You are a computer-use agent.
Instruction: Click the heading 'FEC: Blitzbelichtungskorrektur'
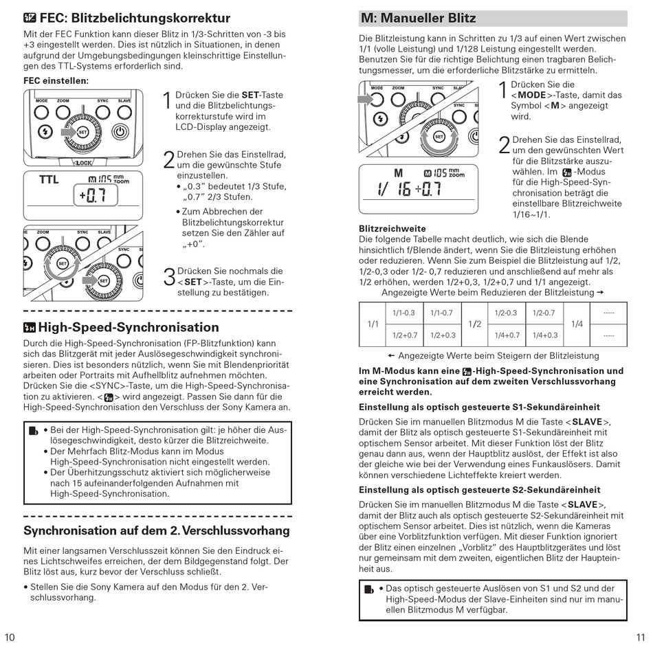[127, 18]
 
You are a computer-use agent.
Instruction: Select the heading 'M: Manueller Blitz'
[419, 18]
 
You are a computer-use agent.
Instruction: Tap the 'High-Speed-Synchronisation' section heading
[121, 327]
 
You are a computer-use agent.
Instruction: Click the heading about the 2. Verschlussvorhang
[157, 530]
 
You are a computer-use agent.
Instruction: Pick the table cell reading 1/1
[373, 324]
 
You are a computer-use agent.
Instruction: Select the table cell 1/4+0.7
[508, 335]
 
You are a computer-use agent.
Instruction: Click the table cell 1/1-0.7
[441, 313]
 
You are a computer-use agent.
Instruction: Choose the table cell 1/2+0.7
[404, 335]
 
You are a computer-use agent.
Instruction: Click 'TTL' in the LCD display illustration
[49, 180]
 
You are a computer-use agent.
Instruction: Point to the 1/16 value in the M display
[395, 189]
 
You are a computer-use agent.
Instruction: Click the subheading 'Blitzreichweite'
[392, 228]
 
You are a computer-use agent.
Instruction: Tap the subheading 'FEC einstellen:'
[56, 80]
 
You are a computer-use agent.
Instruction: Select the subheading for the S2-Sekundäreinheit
[479, 490]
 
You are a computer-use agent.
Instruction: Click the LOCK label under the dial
[82, 163]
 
